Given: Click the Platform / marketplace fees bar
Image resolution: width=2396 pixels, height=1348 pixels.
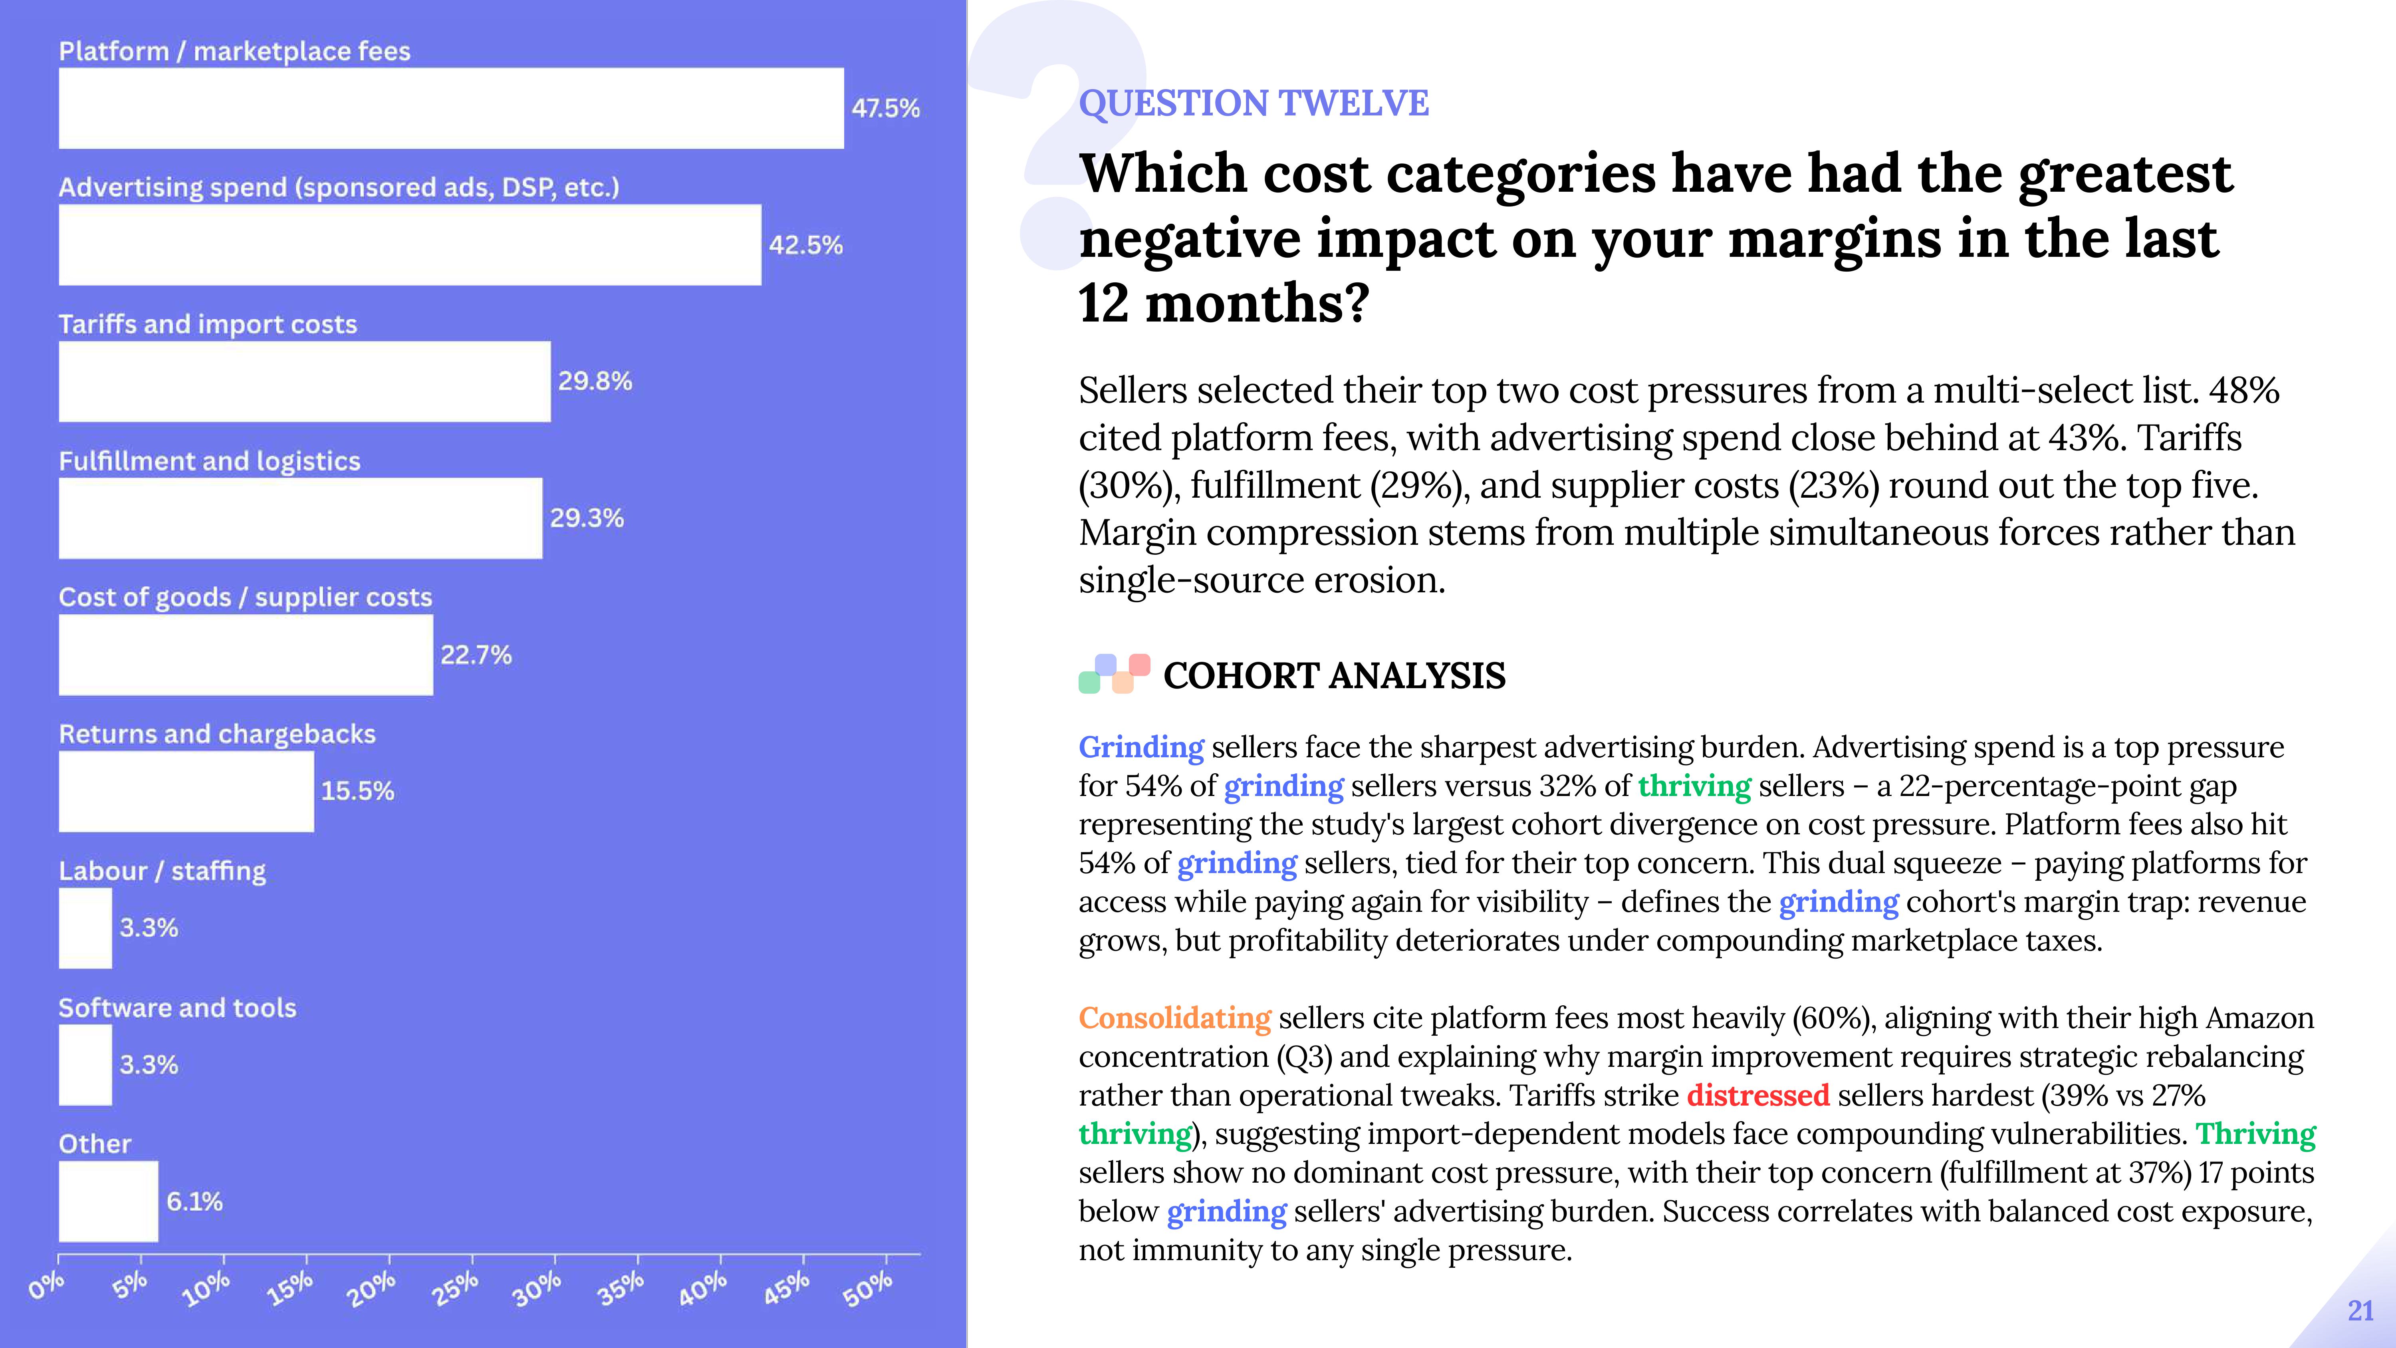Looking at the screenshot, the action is click(451, 108).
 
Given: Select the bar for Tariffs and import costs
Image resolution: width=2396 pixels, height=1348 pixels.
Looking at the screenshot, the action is click(304, 381).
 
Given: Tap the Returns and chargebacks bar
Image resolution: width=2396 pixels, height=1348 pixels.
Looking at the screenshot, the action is click(186, 792).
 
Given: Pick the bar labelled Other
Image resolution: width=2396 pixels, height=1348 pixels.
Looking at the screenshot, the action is click(108, 1201).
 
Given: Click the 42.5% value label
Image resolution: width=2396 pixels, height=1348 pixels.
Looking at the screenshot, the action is click(805, 245).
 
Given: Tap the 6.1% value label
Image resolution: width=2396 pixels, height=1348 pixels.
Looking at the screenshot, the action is click(194, 1201).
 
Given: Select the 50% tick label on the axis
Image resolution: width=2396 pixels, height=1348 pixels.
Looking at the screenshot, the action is click(867, 1288).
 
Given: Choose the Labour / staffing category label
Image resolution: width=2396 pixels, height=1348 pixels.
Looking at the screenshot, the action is click(162, 871).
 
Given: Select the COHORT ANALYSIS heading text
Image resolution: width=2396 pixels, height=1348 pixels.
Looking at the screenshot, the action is click(1334, 675).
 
